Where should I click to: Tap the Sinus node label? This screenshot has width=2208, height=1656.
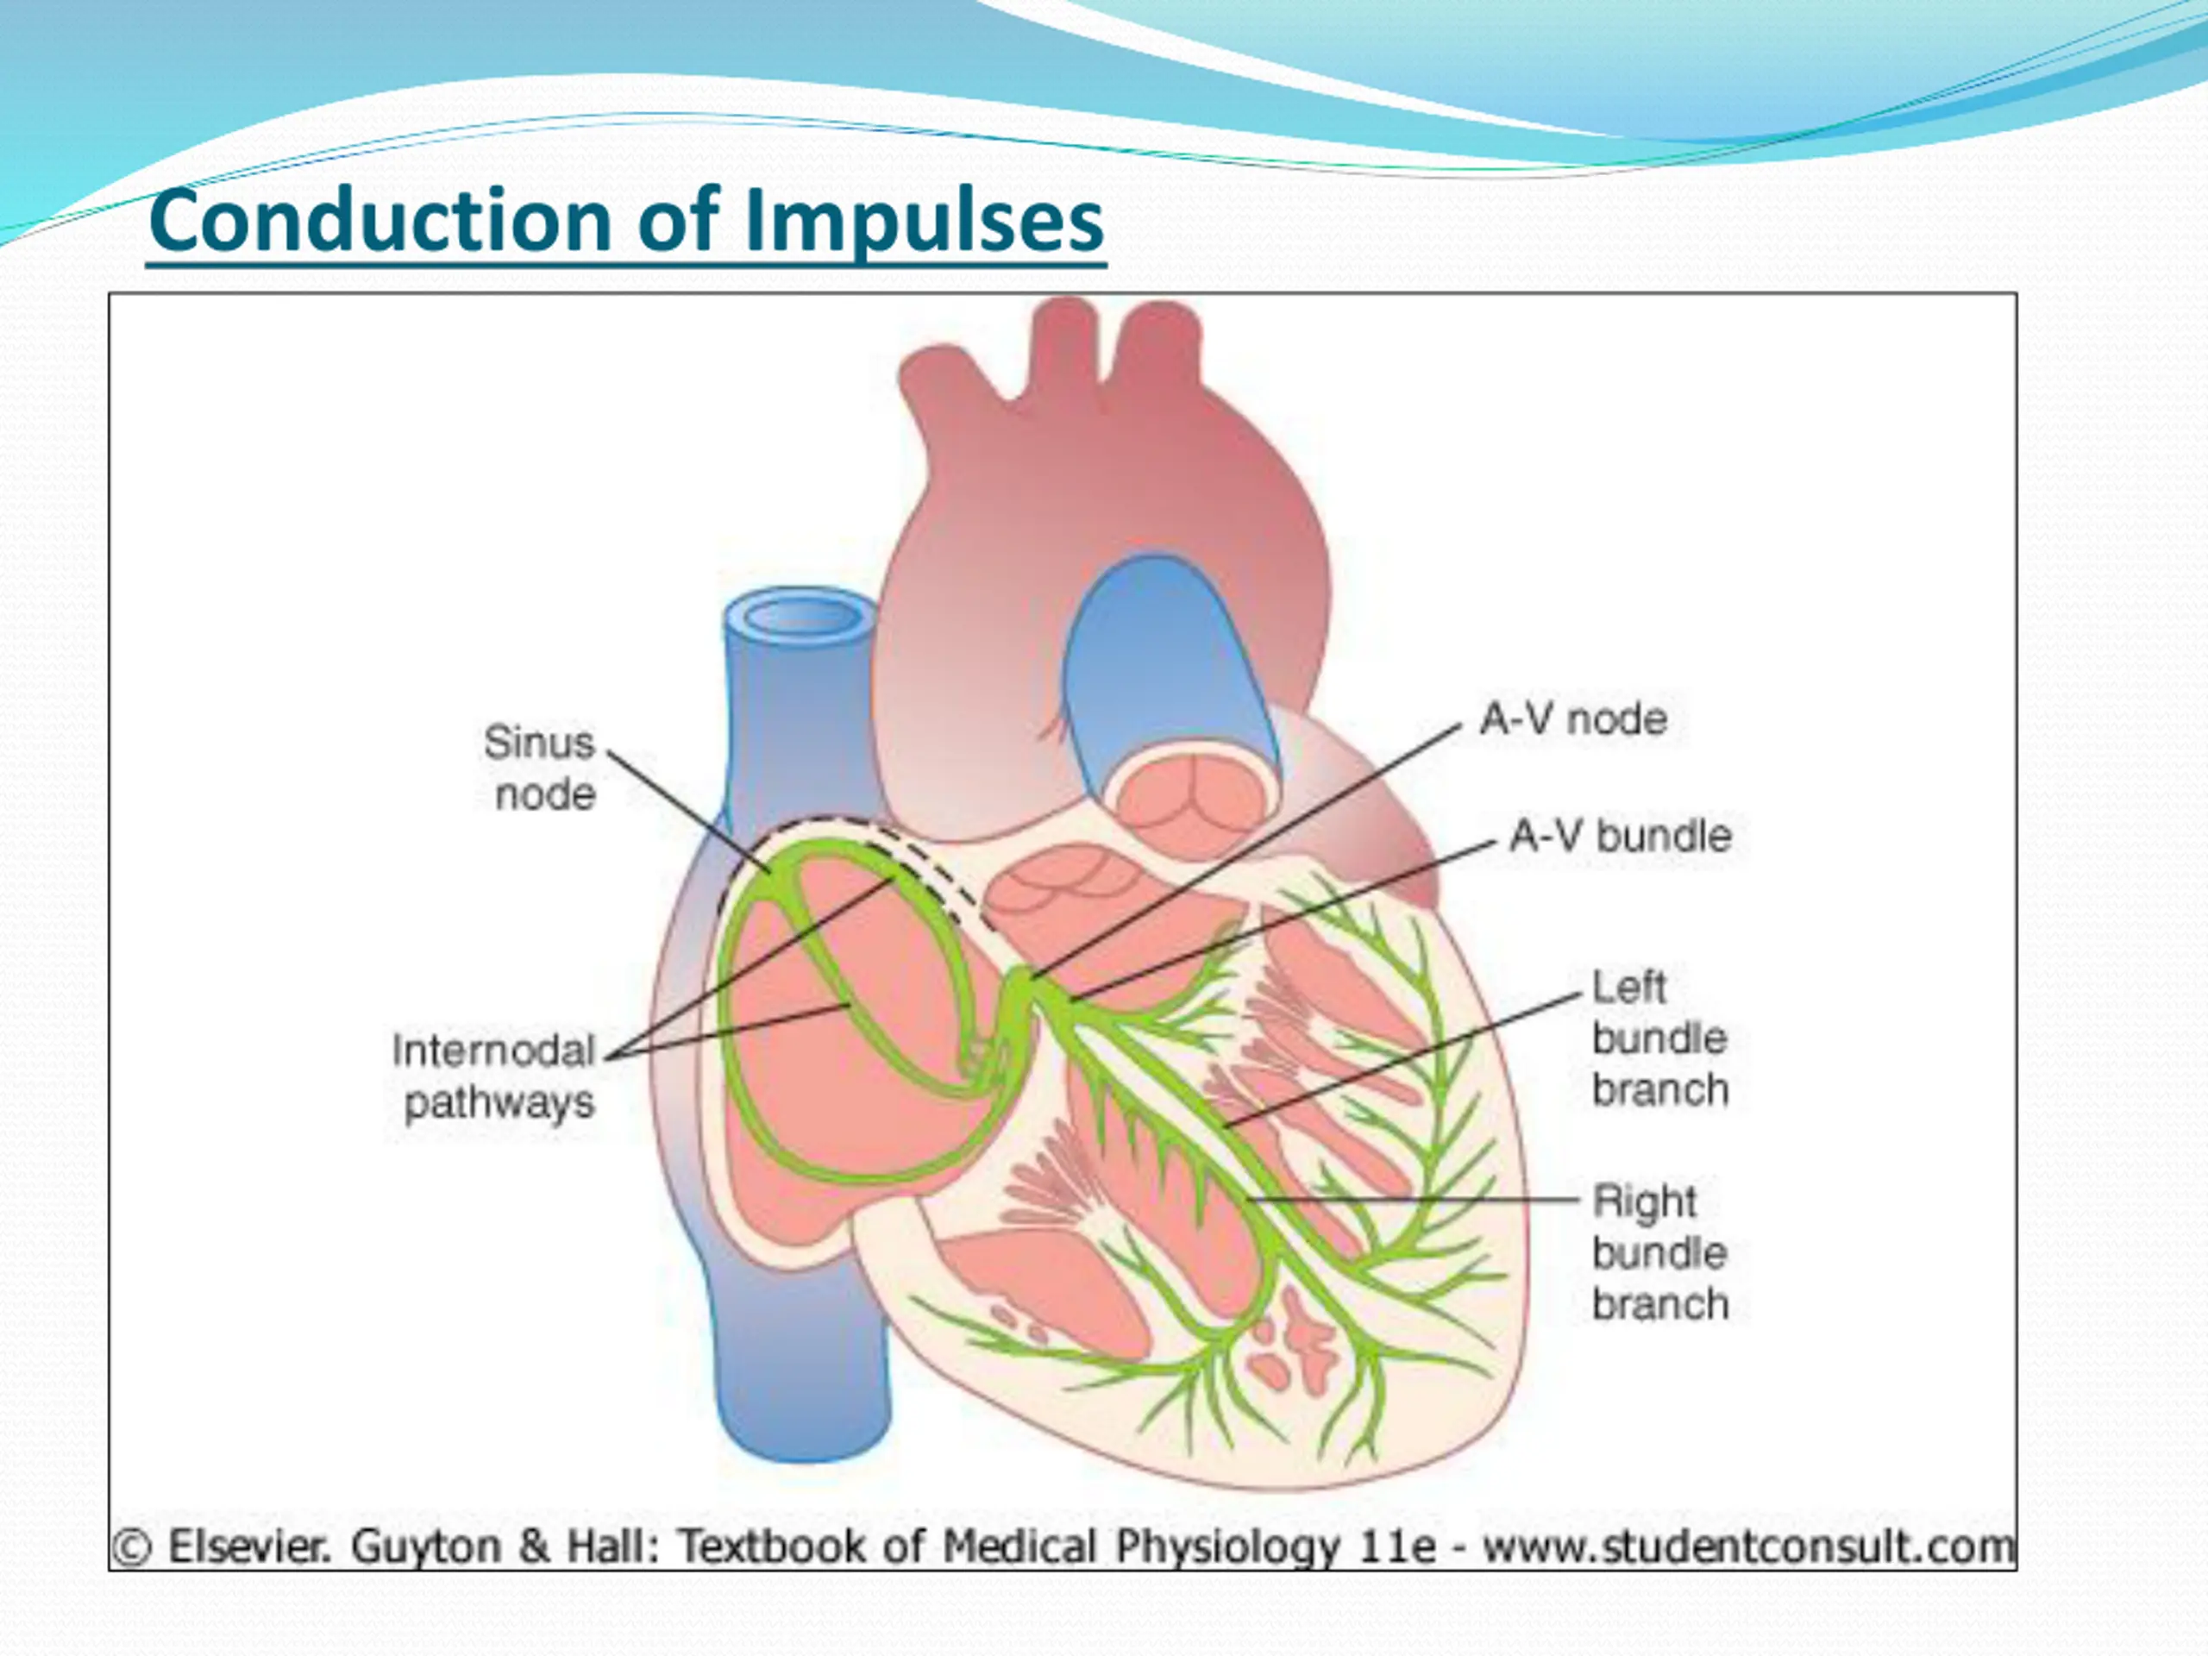coord(541,768)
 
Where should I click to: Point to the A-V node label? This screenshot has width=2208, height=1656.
coord(1574,719)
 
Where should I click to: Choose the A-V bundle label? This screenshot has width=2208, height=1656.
coord(1620,837)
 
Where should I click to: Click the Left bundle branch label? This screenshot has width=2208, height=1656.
coord(1659,1038)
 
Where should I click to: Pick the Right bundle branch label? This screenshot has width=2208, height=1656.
coord(1659,1252)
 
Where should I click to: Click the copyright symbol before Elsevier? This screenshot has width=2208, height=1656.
coord(132,1547)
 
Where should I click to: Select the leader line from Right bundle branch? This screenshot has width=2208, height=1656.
coord(1417,1200)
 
